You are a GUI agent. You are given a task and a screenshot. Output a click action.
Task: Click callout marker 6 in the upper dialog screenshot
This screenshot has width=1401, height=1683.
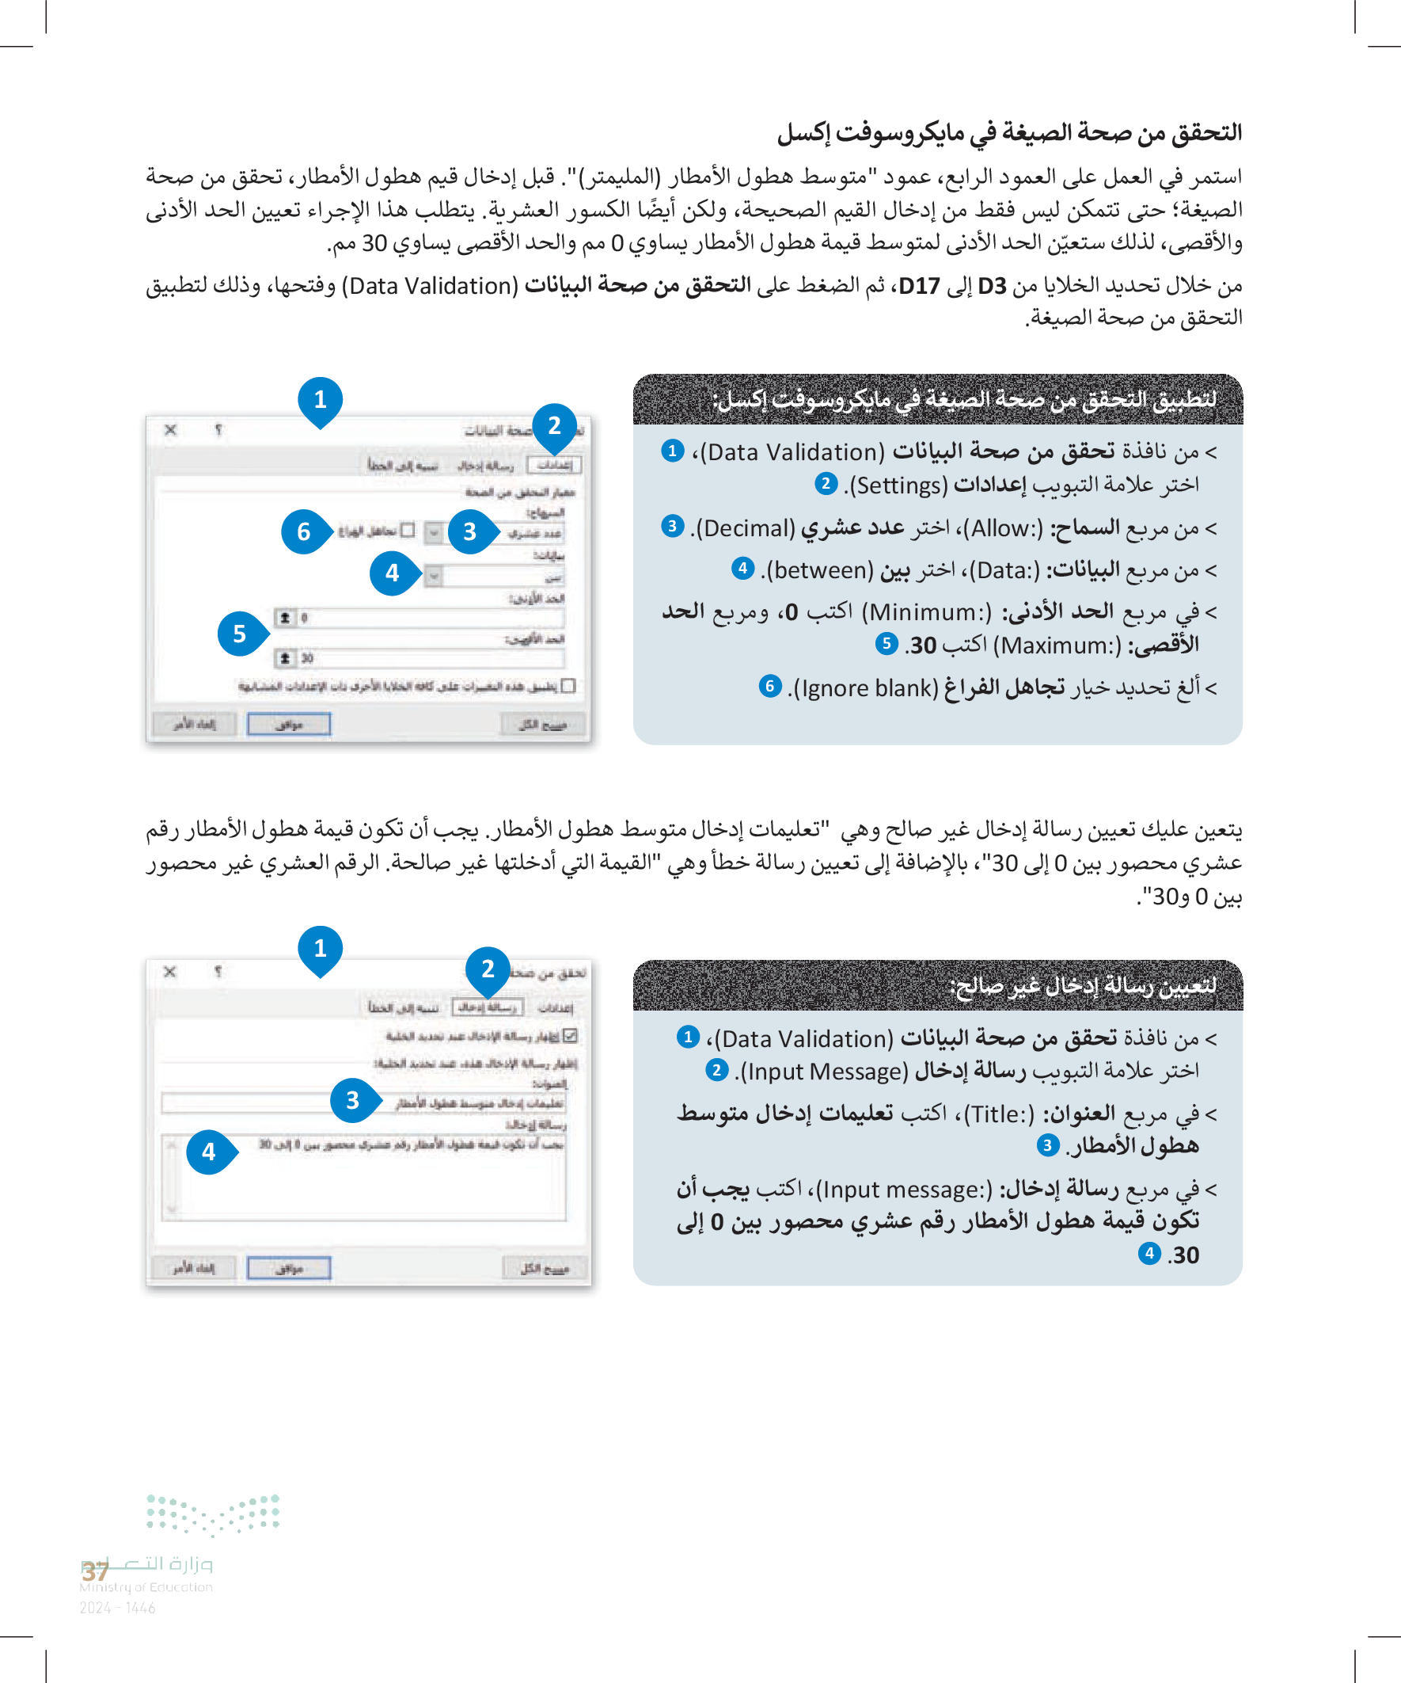tap(304, 531)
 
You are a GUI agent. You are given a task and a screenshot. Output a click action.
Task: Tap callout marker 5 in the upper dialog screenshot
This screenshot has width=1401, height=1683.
tap(240, 634)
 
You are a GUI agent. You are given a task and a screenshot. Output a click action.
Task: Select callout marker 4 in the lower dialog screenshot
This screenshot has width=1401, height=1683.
tap(209, 1152)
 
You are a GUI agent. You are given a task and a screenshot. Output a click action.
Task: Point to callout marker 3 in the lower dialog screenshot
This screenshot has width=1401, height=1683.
tap(352, 1100)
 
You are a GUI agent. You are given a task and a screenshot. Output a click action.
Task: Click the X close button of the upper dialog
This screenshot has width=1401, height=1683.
tap(171, 430)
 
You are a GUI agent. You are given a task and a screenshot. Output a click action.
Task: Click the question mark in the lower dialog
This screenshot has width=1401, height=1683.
tap(218, 972)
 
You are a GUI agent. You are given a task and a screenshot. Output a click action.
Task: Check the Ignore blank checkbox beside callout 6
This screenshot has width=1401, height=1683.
tap(408, 531)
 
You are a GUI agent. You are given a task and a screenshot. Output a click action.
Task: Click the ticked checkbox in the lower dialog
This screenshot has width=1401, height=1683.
tap(571, 1035)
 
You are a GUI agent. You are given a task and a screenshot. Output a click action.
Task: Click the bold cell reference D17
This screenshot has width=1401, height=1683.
tap(919, 286)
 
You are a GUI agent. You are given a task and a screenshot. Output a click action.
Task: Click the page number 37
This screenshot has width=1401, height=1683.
tap(95, 1571)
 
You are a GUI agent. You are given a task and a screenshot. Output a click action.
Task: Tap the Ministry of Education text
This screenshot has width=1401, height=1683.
tap(146, 1587)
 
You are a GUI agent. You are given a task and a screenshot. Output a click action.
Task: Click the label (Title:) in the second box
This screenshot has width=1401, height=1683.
tap(999, 1114)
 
